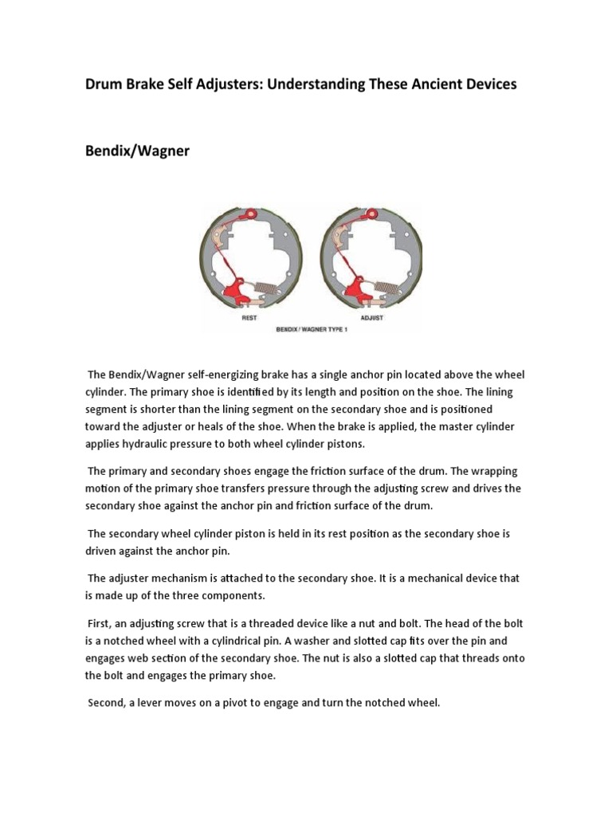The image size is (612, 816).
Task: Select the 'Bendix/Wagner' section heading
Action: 137,150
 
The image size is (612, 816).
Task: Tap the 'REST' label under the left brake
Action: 249,318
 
